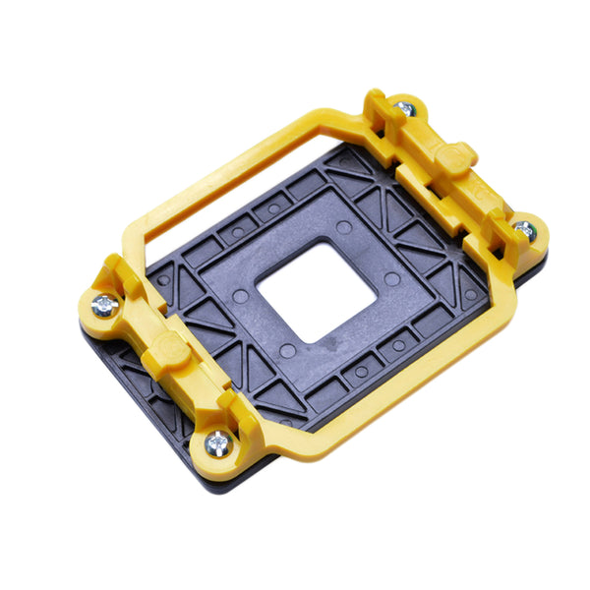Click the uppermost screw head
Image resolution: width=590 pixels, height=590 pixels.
403,107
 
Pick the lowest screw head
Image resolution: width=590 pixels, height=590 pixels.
219,443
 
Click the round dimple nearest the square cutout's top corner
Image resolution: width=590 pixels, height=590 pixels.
343,227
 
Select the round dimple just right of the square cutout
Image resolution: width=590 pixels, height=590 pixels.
392,279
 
